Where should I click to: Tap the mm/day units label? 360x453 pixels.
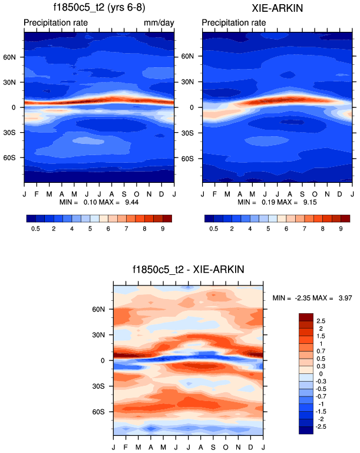coord(159,23)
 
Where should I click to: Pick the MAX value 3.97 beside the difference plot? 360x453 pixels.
coord(343,298)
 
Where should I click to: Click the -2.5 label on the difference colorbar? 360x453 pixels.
coord(323,426)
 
